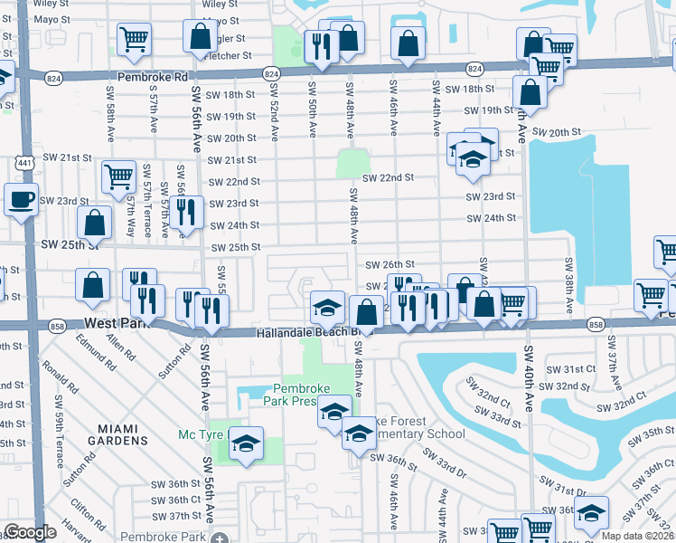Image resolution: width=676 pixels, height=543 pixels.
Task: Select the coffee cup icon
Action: click(20, 199)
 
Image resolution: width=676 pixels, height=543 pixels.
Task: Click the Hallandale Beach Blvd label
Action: click(302, 333)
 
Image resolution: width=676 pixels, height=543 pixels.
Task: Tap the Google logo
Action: click(30, 532)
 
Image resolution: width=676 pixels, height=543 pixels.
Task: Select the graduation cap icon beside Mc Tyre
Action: click(244, 444)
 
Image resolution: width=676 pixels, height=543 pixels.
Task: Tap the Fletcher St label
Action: click(230, 55)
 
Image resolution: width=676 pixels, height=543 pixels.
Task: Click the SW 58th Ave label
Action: click(110, 115)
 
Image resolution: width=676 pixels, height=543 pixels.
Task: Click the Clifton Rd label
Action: click(82, 515)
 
